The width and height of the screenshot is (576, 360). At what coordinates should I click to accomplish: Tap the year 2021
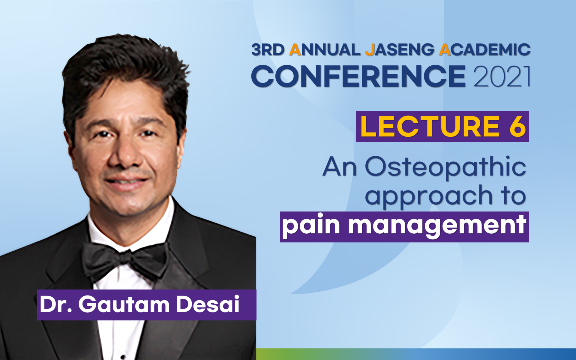pyautogui.click(x=502, y=76)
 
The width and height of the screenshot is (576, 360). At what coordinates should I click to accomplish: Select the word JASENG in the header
pyautogui.click(x=399, y=50)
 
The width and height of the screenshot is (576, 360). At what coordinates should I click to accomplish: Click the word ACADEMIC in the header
pyautogui.click(x=485, y=50)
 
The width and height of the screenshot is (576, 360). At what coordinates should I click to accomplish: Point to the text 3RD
pyautogui.click(x=268, y=50)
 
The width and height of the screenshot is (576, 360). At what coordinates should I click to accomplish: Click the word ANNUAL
pyautogui.click(x=325, y=50)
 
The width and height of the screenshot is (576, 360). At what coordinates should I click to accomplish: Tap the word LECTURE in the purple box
pyautogui.click(x=430, y=127)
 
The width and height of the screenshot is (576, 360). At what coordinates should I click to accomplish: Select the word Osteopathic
pyautogui.click(x=445, y=167)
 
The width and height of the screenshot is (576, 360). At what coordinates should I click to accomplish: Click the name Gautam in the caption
pyautogui.click(x=124, y=304)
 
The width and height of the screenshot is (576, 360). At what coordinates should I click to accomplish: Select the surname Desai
pyautogui.click(x=208, y=304)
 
